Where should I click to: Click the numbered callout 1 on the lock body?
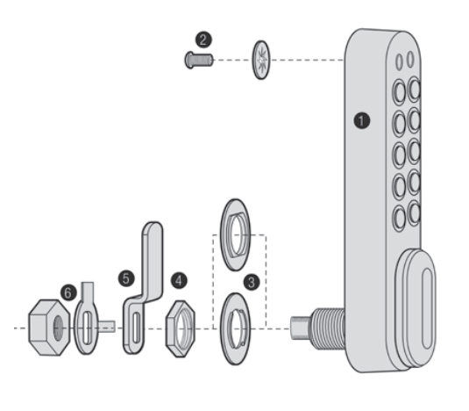click(362, 120)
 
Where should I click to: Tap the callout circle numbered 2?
click(203, 40)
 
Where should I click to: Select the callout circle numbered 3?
click(252, 283)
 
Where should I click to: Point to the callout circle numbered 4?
click(179, 281)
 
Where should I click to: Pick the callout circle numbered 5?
click(126, 278)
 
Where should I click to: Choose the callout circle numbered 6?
click(68, 292)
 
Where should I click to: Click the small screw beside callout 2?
click(199, 60)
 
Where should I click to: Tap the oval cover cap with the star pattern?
click(261, 60)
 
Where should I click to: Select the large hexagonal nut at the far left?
click(49, 328)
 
